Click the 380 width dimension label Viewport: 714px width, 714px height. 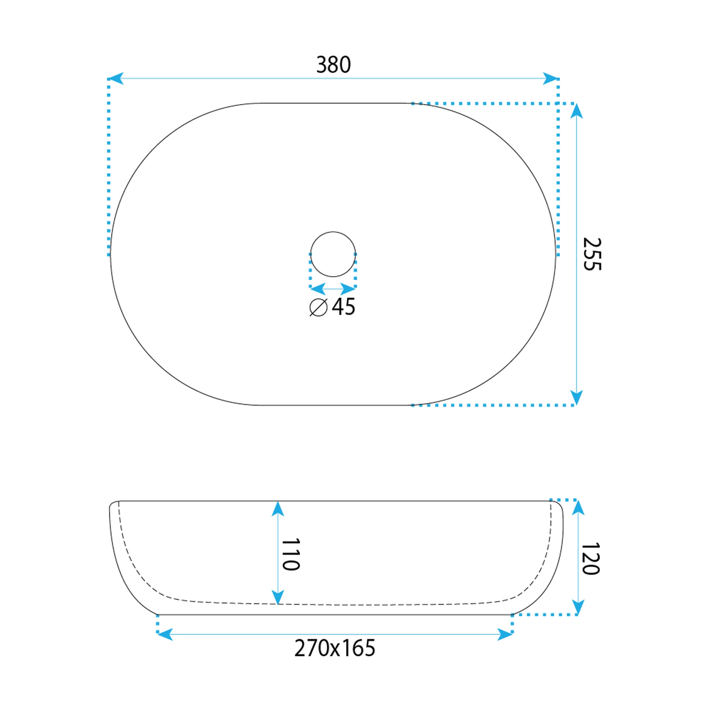[333, 65]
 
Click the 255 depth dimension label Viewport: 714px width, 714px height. [592, 254]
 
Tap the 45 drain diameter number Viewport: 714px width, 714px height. [343, 306]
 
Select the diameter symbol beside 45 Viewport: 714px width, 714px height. [319, 307]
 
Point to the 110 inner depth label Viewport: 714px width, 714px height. [290, 555]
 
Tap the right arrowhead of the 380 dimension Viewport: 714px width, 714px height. [551, 78]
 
